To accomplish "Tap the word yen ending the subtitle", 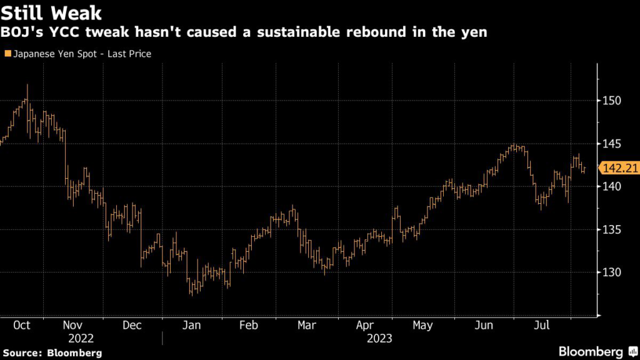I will (474, 32).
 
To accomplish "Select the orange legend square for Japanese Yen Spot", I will (6, 54).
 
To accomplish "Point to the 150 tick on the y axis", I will (612, 101).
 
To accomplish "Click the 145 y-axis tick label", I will (612, 144).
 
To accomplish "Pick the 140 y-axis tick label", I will (612, 187).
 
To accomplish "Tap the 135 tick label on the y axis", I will (612, 230).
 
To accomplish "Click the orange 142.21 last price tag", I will (619, 167).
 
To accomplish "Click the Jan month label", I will (191, 326).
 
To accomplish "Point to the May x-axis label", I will (423, 326).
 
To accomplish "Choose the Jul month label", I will (541, 326).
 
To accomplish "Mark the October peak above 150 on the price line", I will (27, 86).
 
